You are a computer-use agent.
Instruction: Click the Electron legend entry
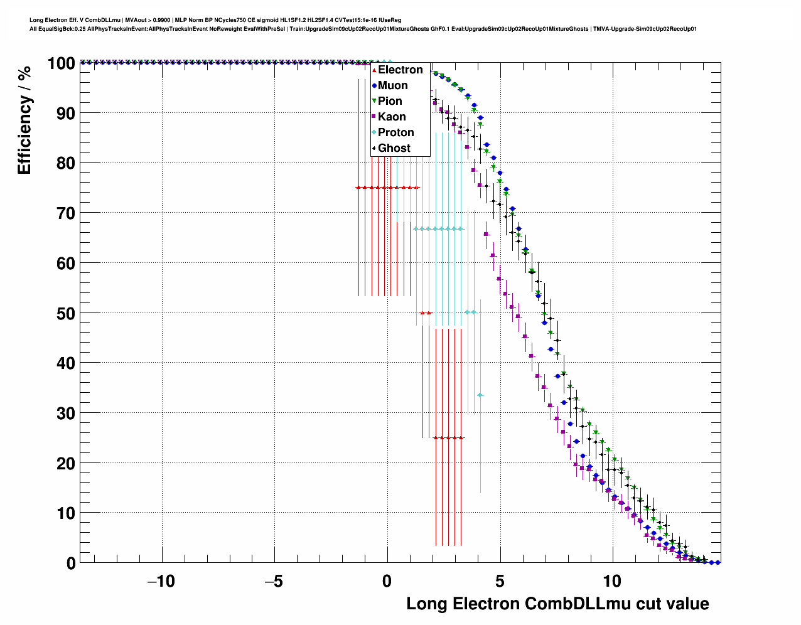coord(400,70)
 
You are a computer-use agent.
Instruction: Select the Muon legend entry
coord(392,85)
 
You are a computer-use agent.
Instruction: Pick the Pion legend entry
coord(390,101)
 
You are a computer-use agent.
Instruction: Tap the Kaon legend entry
coord(392,117)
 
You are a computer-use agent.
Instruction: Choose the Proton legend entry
coord(395,132)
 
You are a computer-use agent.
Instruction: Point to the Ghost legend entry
coord(394,148)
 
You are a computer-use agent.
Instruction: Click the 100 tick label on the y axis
coord(61,63)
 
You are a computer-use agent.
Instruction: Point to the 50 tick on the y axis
coord(66,313)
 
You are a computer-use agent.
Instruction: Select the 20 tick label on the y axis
coord(66,463)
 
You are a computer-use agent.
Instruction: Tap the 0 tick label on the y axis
coord(71,564)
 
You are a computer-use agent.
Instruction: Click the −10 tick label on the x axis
coord(161,580)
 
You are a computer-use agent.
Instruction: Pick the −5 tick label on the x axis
coord(274,580)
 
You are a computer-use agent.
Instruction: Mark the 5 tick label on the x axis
coord(500,580)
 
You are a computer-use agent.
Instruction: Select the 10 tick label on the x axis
coord(612,580)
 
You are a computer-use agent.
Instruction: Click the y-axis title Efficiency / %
coord(24,120)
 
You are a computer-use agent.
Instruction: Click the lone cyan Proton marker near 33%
coord(480,395)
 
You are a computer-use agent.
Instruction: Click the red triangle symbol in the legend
coord(374,70)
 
